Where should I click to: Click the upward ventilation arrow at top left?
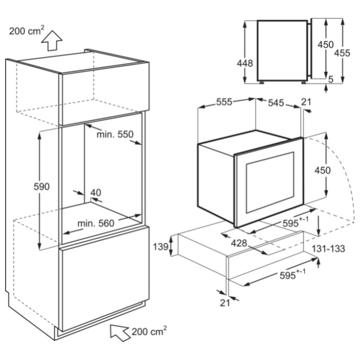pos(52,41)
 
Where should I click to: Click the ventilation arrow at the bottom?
pos(120,333)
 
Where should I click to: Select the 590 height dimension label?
pos(42,186)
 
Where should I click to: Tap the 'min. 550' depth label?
pos(115,134)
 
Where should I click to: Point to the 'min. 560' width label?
pos(96,223)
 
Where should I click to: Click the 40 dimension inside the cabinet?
pos(96,192)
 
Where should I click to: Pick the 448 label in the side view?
pos(245,63)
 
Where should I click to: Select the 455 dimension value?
pos(342,53)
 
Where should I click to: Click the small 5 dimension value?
pos(331,79)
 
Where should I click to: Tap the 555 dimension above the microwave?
pos(224,102)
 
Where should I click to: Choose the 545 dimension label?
pos(276,103)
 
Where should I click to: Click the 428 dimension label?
pos(239,243)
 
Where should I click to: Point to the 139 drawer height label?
pos(160,247)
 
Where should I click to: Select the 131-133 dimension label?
pos(328,248)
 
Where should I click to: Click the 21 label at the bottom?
pos(225,303)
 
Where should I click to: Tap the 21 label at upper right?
pos(307,102)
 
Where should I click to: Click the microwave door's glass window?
pos(270,183)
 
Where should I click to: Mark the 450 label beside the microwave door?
pos(322,170)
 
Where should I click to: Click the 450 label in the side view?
pos(326,45)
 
